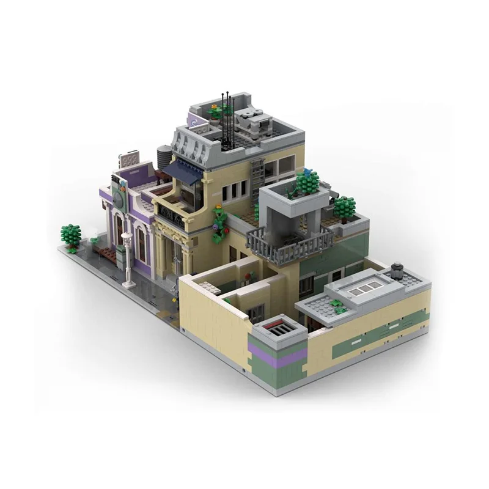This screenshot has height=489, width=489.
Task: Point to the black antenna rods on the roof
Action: (226, 119)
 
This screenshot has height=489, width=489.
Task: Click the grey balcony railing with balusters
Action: (290, 241)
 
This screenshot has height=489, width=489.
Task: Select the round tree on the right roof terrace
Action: (344, 207)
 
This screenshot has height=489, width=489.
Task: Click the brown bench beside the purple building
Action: (106, 252)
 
